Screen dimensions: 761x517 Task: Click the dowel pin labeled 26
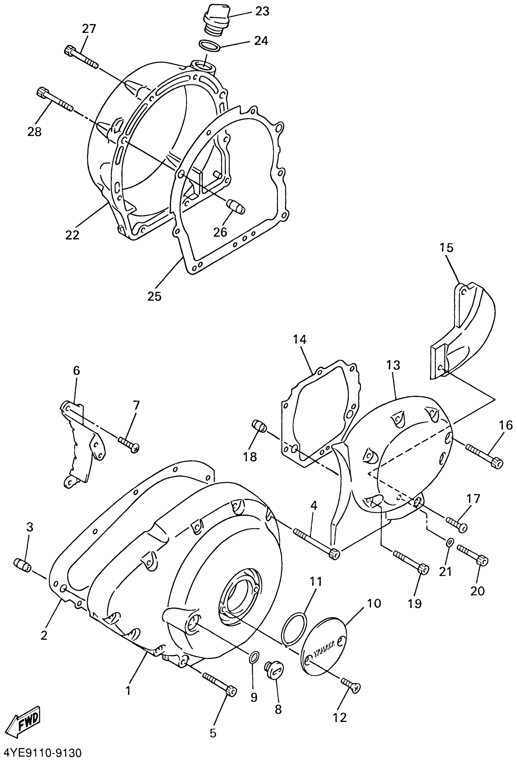(x=235, y=207)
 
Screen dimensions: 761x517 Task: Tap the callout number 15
(x=447, y=248)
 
